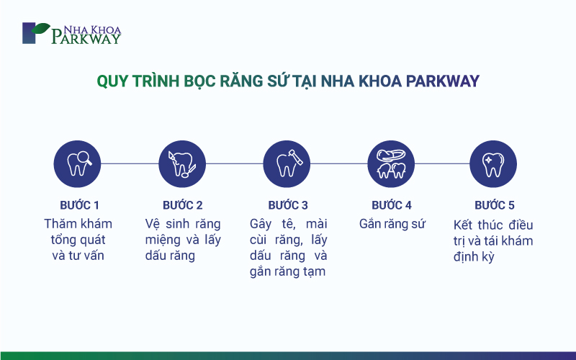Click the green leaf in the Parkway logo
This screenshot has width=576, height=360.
pyautogui.click(x=40, y=28)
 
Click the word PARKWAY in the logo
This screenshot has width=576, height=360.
pyautogui.click(x=86, y=38)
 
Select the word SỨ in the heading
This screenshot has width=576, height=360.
pyautogui.click(x=279, y=81)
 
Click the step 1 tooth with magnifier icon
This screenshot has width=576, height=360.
pyautogui.click(x=77, y=164)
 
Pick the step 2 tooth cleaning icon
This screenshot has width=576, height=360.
pyautogui.click(x=182, y=164)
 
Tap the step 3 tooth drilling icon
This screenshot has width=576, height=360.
pyautogui.click(x=287, y=164)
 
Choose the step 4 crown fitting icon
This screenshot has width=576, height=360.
pyautogui.click(x=391, y=164)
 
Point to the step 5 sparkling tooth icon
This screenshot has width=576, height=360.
pyautogui.click(x=493, y=164)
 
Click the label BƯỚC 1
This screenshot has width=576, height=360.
pyautogui.click(x=80, y=205)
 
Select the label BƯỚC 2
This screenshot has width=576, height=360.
pyautogui.click(x=183, y=205)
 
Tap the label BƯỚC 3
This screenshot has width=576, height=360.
pyautogui.click(x=288, y=205)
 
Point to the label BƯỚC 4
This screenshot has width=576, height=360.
pyautogui.click(x=392, y=205)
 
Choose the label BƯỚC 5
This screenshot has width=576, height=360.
pyautogui.click(x=495, y=205)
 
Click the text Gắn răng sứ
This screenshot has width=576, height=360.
pyautogui.click(x=392, y=224)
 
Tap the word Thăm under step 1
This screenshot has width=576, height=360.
pyautogui.click(x=59, y=224)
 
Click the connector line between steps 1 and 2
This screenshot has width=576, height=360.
pyautogui.click(x=130, y=163)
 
